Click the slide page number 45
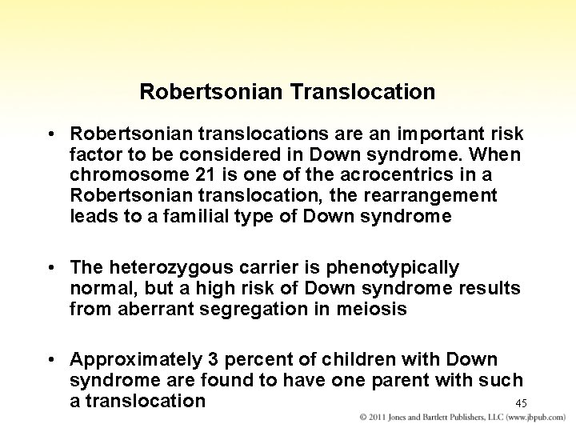tap(521, 403)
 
